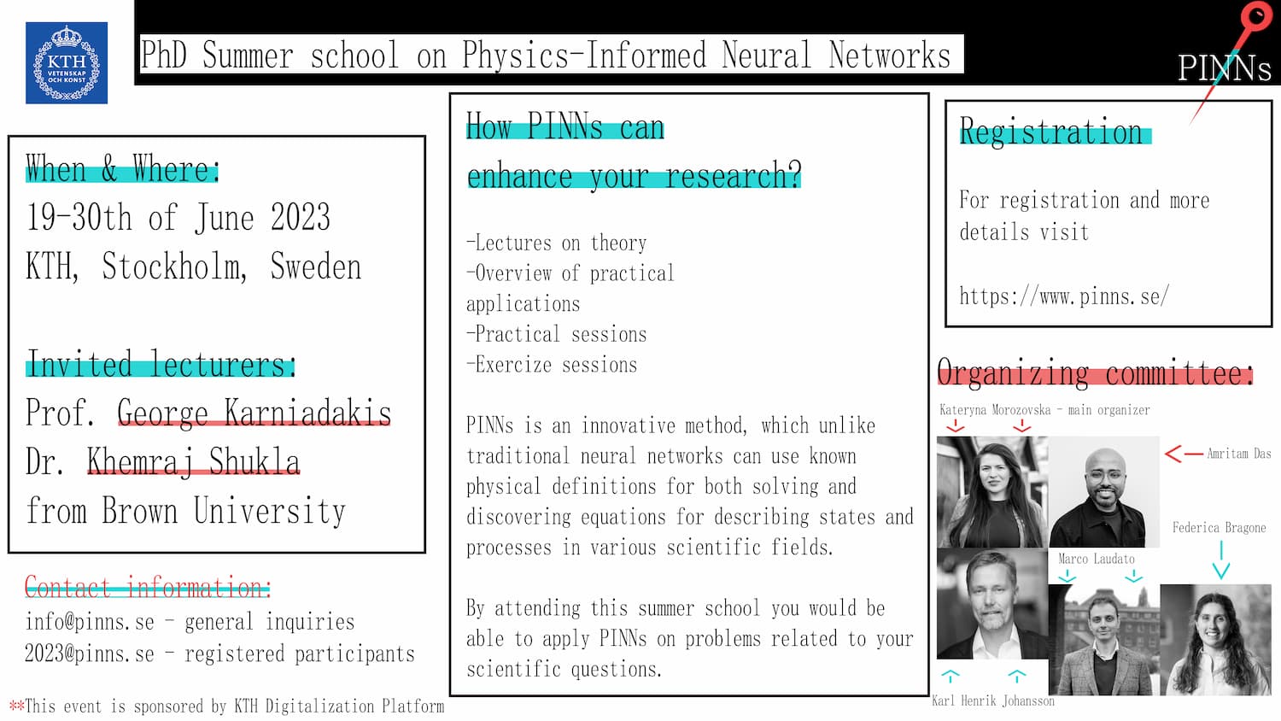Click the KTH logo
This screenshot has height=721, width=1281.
(x=67, y=63)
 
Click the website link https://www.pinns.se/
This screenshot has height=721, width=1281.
(x=1064, y=296)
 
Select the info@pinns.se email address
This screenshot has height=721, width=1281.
(x=90, y=621)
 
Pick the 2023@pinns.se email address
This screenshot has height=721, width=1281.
(x=90, y=654)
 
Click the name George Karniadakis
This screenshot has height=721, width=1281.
(x=254, y=413)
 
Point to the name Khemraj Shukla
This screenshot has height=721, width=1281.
(x=193, y=462)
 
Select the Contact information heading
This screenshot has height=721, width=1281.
(x=147, y=587)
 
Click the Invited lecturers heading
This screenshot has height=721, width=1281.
(x=161, y=363)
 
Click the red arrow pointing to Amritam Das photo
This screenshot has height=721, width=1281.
(x=1184, y=454)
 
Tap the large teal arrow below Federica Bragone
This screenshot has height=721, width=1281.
(x=1221, y=560)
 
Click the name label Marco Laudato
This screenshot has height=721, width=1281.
(x=1097, y=559)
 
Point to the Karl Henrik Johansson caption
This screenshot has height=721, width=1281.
(x=992, y=701)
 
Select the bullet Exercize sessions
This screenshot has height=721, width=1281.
(x=552, y=365)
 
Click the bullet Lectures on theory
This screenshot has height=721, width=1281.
(x=557, y=243)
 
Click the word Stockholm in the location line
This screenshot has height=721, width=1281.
(x=174, y=267)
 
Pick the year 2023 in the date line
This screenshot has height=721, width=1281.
(x=301, y=218)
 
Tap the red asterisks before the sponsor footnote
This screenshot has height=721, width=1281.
(x=16, y=705)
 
